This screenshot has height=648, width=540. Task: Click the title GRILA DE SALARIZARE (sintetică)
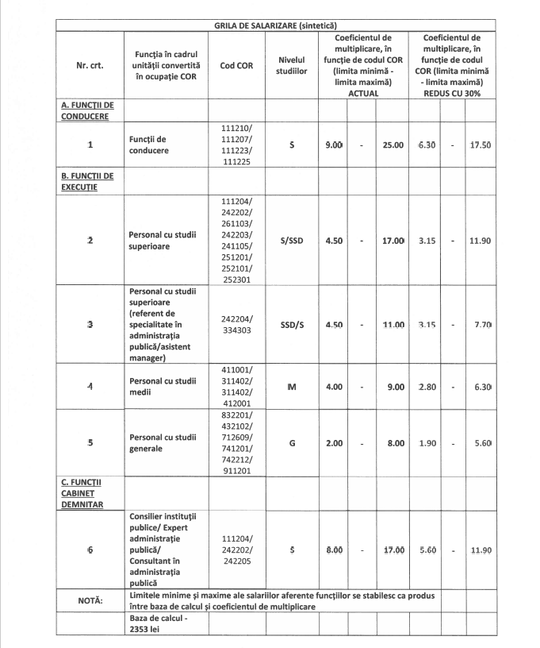[270, 25]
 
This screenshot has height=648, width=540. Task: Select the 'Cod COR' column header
[236, 66]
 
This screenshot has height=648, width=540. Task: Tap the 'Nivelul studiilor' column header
[292, 66]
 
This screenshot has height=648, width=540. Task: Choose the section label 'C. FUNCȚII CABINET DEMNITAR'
[82, 492]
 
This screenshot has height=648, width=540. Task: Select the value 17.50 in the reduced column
[480, 145]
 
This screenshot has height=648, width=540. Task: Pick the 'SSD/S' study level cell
[292, 325]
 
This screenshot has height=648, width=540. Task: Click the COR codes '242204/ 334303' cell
[236, 325]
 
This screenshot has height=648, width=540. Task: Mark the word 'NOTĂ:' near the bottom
[89, 600]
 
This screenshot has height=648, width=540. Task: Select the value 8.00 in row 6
[334, 550]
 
